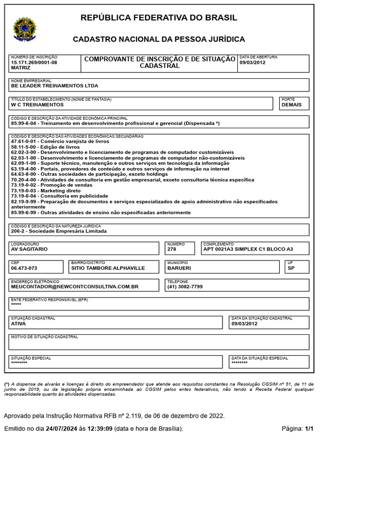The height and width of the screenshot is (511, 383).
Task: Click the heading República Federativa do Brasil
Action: coord(159,18)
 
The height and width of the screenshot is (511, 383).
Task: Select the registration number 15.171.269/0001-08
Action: coord(34,62)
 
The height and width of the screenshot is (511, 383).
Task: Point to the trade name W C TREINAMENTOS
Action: coord(37,105)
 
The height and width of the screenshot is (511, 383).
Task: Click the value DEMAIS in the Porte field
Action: coord(291,105)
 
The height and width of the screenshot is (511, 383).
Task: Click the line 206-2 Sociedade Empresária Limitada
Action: coord(59,231)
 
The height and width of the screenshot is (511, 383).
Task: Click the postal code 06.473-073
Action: coord(24,268)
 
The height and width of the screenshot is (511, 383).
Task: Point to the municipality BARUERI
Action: coord(179,268)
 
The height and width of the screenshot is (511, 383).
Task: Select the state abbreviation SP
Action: coord(291,268)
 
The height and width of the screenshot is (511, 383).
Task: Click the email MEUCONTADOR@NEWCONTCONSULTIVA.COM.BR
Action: coord(74,287)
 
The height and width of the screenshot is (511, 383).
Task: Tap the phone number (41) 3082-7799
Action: coord(185,287)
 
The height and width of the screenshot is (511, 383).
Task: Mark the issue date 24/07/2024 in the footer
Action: coord(61,429)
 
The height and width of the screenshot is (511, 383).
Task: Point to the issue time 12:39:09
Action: coord(100,429)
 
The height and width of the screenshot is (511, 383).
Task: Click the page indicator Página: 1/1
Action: coord(297,429)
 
